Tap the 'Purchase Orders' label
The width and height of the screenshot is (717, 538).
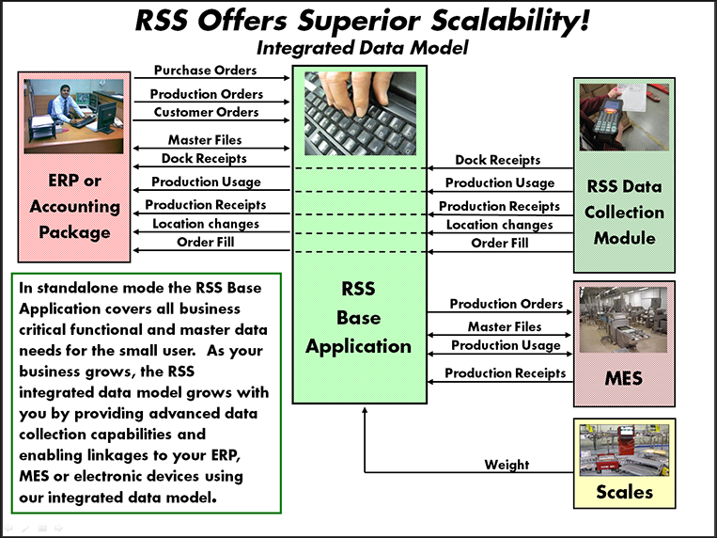click(x=206, y=71)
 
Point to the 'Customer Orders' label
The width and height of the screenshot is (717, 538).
click(x=206, y=112)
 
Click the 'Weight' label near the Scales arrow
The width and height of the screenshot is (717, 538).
click(x=507, y=464)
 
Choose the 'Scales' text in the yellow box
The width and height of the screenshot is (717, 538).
click(x=624, y=491)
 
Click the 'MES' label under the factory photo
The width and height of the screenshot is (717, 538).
click(x=624, y=379)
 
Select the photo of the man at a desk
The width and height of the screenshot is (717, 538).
click(x=74, y=116)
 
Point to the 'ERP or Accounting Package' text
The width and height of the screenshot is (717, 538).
click(x=74, y=206)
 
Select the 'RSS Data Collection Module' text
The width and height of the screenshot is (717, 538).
click(x=625, y=212)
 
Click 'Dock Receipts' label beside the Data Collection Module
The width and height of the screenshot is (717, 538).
click(x=497, y=161)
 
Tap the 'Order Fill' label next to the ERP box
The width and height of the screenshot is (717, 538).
click(x=206, y=243)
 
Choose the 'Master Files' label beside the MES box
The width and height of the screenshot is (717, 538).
click(x=505, y=326)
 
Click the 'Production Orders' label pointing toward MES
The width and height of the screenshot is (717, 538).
click(x=506, y=304)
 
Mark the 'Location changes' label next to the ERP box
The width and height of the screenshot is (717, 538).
click(x=206, y=224)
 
